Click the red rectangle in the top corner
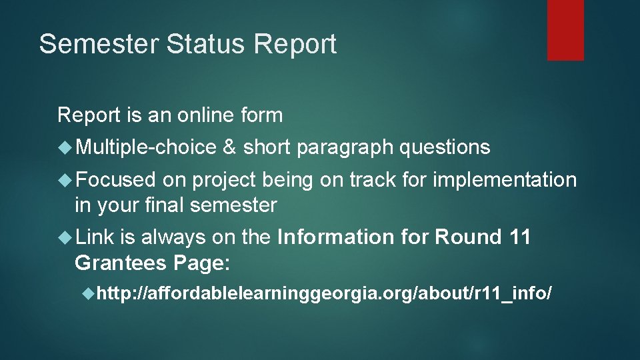(x=565, y=30)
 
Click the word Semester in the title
(x=98, y=44)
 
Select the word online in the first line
(x=205, y=115)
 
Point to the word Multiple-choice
(x=146, y=147)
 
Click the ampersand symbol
(x=229, y=147)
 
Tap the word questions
(x=445, y=148)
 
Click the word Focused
(x=115, y=179)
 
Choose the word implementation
(x=505, y=180)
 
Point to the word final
(x=162, y=205)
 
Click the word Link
(x=95, y=237)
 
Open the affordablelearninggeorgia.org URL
(x=324, y=293)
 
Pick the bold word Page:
(x=201, y=264)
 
